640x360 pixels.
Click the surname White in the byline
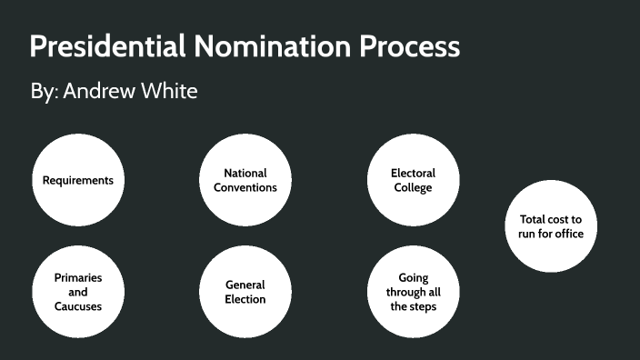169,92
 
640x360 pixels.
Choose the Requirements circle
78,180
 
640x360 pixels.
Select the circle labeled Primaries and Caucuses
78,291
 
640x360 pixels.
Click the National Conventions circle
245,180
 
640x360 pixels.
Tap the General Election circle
245,291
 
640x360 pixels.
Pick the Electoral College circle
413,180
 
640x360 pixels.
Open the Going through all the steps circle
413,291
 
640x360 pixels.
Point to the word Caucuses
78,306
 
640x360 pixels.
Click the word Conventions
245,187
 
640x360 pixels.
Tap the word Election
245,299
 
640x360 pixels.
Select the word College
413,187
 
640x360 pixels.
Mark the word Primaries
78,277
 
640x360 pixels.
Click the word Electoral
413,173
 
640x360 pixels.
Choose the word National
245,173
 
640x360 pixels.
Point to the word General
245,285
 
